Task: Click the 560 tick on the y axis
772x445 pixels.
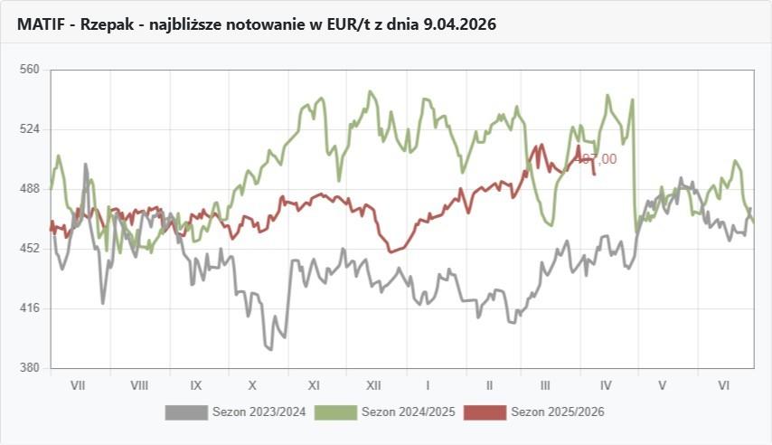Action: click(29, 69)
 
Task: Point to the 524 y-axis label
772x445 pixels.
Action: click(29, 128)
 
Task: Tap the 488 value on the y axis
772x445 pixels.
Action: click(29, 188)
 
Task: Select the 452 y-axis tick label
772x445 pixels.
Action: click(29, 248)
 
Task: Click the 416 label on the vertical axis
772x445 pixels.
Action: click(29, 308)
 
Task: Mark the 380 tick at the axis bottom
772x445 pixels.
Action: click(29, 368)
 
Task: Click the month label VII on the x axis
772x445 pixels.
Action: click(78, 385)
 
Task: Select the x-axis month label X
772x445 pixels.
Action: click(253, 385)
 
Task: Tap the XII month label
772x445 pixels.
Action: click(372, 385)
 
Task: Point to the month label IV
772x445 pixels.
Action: click(606, 385)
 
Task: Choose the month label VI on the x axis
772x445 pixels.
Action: click(724, 385)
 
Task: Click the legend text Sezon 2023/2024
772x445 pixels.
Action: click(259, 412)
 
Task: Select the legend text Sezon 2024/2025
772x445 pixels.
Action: click(409, 412)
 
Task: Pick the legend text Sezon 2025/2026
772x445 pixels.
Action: click(558, 412)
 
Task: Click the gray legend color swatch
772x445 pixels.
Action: click(186, 412)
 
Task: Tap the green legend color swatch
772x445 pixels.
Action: click(335, 412)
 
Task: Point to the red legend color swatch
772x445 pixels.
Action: click(485, 412)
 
